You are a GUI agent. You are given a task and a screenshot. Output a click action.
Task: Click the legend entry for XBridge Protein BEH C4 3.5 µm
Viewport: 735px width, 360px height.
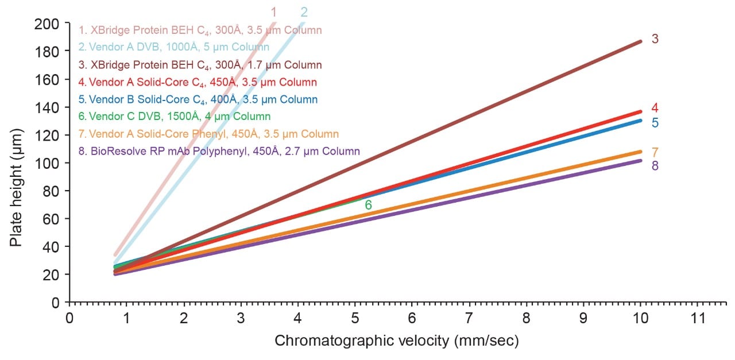200,30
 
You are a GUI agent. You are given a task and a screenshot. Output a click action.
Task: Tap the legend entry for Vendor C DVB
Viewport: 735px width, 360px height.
175,117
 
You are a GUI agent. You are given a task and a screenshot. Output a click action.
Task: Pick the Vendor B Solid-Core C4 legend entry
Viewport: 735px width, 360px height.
198,99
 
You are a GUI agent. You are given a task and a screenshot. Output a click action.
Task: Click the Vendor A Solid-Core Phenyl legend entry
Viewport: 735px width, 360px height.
208,134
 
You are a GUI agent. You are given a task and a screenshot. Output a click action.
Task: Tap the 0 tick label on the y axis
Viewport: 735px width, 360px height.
56,302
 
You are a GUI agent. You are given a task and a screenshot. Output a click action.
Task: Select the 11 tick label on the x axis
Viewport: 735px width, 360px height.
697,318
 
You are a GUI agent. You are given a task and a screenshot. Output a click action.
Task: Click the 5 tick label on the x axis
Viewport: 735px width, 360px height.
355,318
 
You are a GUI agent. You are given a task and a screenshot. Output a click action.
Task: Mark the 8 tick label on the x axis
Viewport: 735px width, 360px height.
526,318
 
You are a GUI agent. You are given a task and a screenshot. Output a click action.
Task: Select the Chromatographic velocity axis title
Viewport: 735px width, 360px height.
397,341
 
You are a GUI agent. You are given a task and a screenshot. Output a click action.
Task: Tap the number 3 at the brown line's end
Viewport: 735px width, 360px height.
655,39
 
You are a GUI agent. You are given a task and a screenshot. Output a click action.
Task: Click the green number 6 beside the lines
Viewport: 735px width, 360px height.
369,205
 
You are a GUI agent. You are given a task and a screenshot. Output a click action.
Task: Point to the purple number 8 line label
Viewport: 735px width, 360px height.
655,166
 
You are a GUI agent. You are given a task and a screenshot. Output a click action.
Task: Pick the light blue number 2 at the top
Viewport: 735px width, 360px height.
304,12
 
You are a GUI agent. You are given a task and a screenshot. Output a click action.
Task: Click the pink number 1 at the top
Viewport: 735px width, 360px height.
274,12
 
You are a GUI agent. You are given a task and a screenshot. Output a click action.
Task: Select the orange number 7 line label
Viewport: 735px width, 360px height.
655,153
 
